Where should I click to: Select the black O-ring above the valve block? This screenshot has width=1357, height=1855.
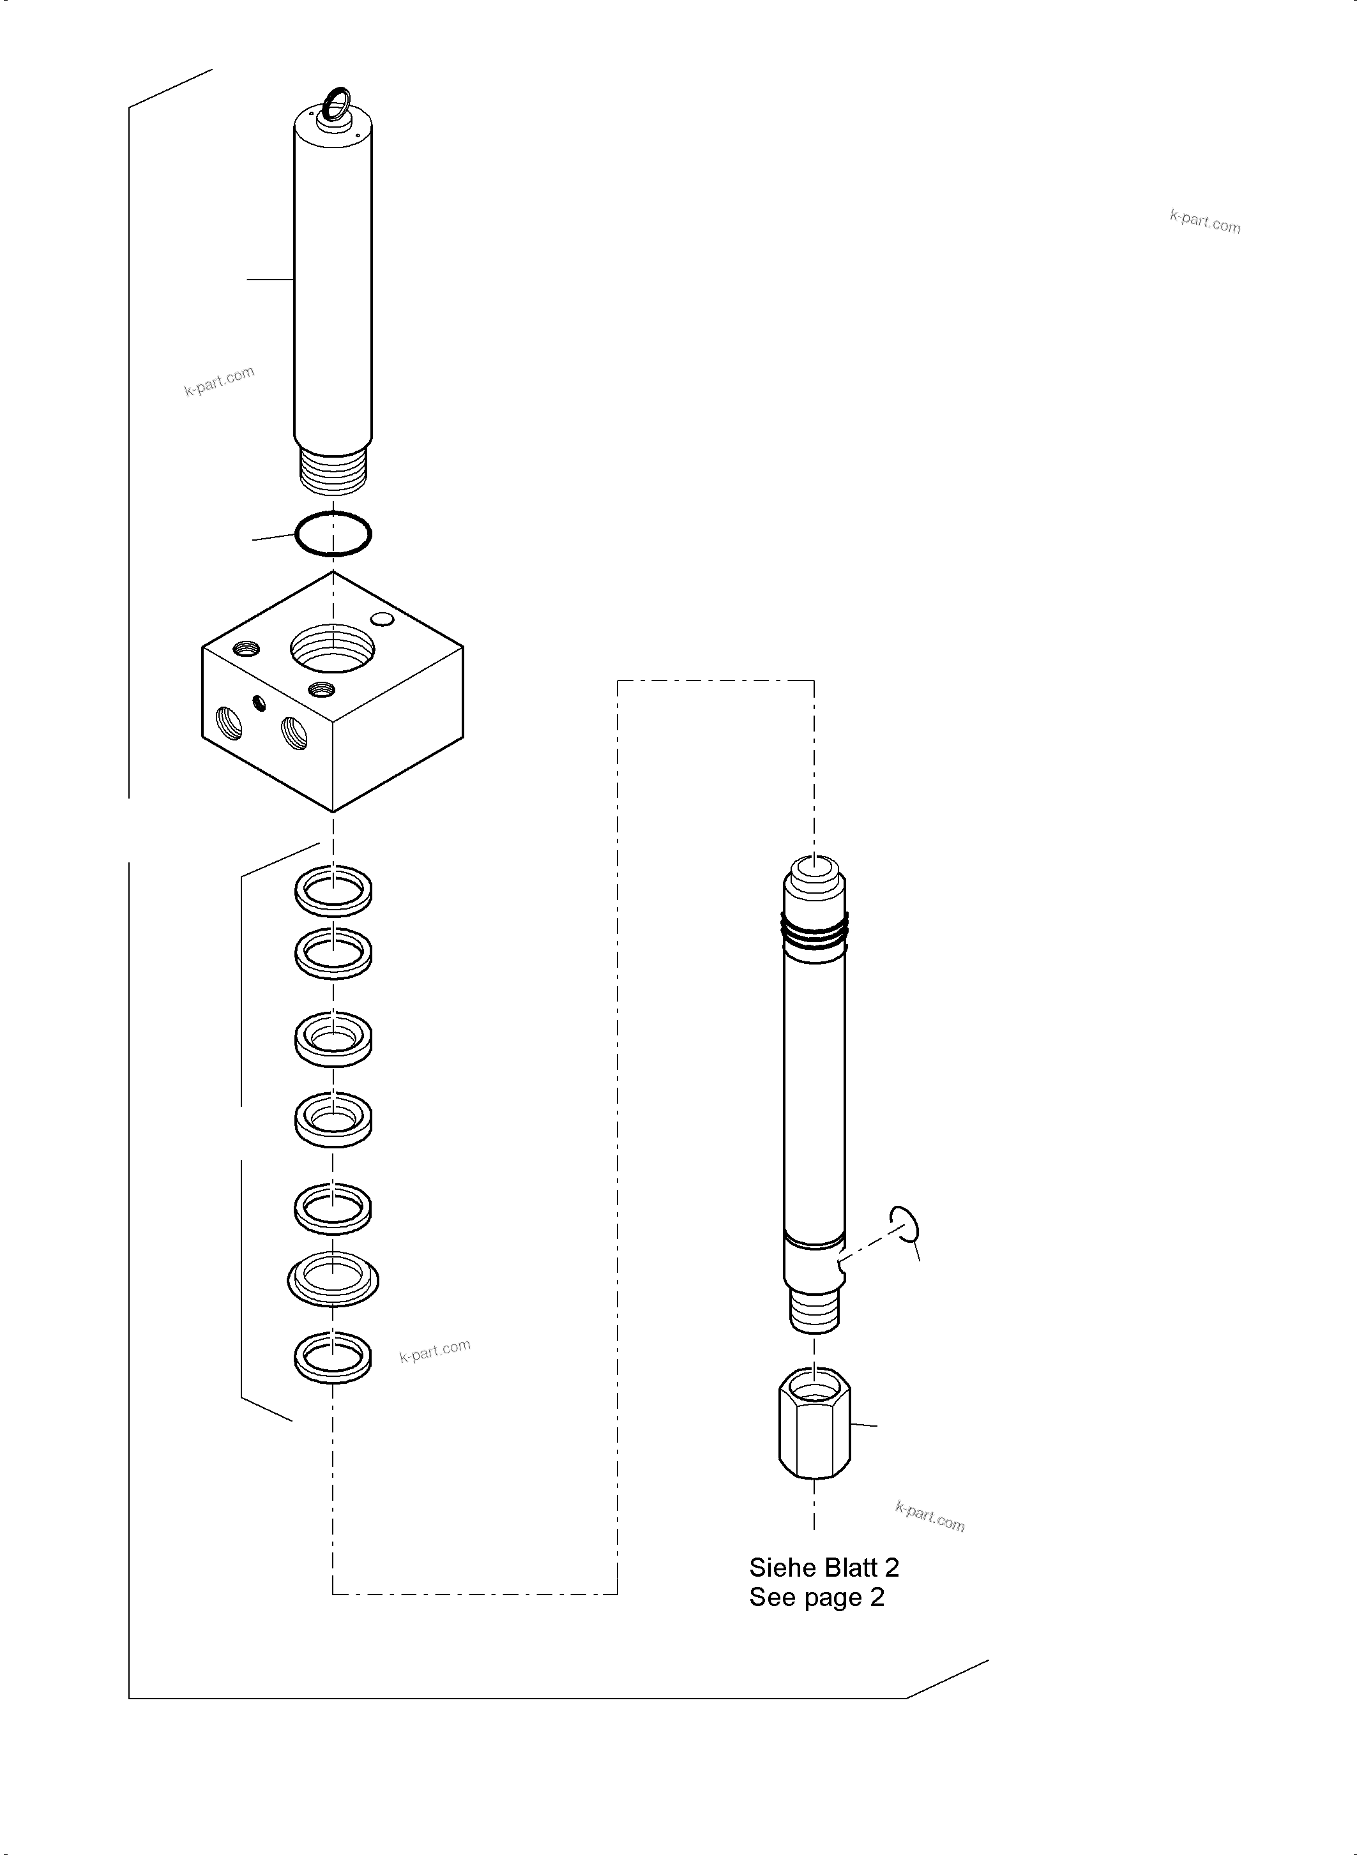pos(333,534)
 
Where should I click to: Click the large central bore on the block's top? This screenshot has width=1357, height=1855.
pos(333,648)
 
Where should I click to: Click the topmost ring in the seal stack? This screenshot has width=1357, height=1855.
pos(333,890)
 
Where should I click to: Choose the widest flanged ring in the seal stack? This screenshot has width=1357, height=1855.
pos(333,1279)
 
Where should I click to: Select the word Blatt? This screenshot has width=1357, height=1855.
pos(851,1568)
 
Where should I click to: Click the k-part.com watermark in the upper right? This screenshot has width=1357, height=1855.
pos(1205,221)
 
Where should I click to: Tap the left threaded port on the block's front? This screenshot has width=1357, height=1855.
pos(229,723)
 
